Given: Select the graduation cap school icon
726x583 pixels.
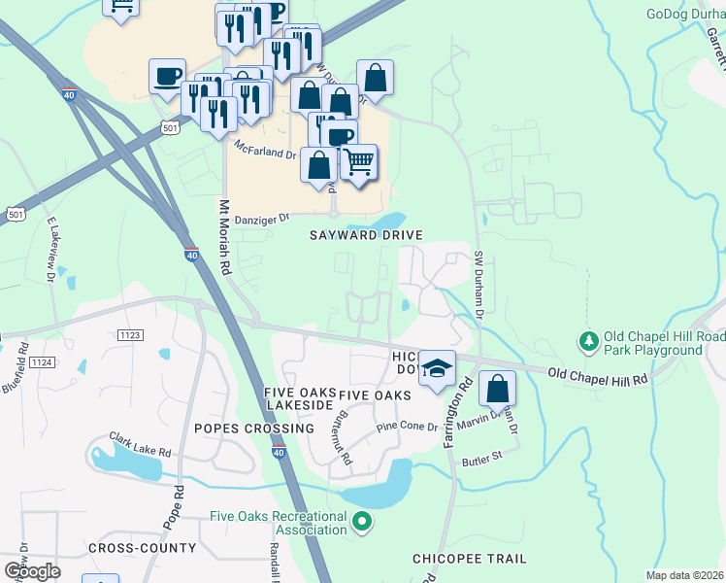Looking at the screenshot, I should [438, 368].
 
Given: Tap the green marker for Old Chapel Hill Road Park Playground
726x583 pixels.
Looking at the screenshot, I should [588, 341].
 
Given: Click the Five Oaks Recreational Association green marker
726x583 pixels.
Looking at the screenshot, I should [362, 523].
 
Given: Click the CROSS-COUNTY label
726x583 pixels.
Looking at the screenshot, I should [142, 548].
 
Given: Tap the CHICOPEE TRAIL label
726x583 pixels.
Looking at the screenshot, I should [470, 559].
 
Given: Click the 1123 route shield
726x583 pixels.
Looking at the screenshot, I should [130, 334].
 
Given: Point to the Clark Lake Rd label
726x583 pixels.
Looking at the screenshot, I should [140, 445].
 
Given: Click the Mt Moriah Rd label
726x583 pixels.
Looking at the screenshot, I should [223, 236].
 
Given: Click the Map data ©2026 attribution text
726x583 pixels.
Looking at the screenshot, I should [685, 575].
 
